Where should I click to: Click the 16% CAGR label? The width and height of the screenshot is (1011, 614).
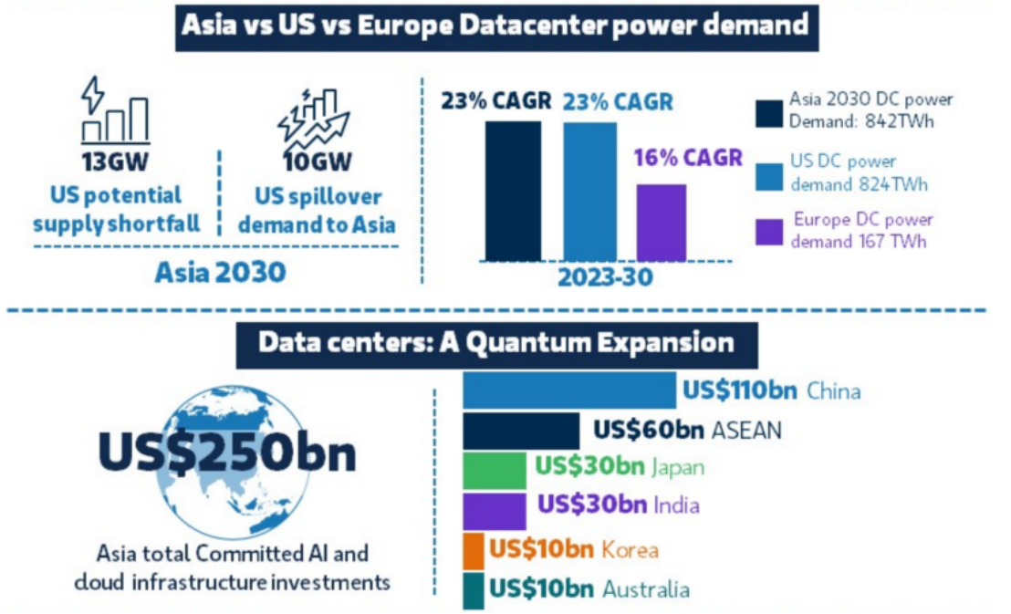tap(688, 157)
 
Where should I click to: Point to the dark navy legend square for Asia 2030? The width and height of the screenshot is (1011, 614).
tap(770, 111)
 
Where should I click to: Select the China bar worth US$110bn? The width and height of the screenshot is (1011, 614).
tap(569, 390)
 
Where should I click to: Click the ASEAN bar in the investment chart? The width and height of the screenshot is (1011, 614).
tap(520, 431)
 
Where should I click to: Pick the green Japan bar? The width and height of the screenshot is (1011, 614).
tap(495, 469)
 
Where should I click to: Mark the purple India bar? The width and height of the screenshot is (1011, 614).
tap(495, 510)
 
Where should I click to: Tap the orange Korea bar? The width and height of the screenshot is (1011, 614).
tap(474, 550)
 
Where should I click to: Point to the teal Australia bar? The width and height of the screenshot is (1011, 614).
tap(474, 589)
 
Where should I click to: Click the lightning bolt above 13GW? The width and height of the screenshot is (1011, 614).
tap(93, 93)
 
